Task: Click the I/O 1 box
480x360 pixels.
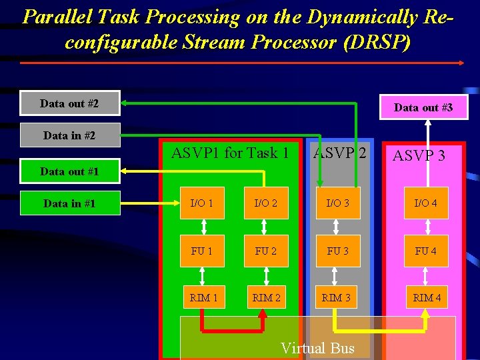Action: (x=203, y=203)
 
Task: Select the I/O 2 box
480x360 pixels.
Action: (x=266, y=203)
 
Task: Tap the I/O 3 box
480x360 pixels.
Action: (x=337, y=203)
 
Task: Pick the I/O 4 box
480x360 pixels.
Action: (x=426, y=203)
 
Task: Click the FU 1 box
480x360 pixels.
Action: (x=203, y=251)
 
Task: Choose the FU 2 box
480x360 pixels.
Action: (x=266, y=251)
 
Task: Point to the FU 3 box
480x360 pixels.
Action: (x=337, y=251)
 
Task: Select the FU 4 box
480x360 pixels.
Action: (x=426, y=251)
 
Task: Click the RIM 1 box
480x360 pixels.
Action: (x=203, y=297)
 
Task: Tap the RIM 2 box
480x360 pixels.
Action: (x=266, y=297)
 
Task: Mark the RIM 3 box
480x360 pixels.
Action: (x=337, y=297)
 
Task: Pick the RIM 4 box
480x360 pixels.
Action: (x=426, y=297)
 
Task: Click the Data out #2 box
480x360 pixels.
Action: (x=70, y=103)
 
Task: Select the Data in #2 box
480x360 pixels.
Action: (x=70, y=135)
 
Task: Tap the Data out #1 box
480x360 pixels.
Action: (x=70, y=171)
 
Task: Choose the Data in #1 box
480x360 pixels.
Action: (x=70, y=203)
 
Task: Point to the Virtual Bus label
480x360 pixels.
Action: (x=318, y=348)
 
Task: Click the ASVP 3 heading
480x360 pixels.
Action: (x=419, y=156)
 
